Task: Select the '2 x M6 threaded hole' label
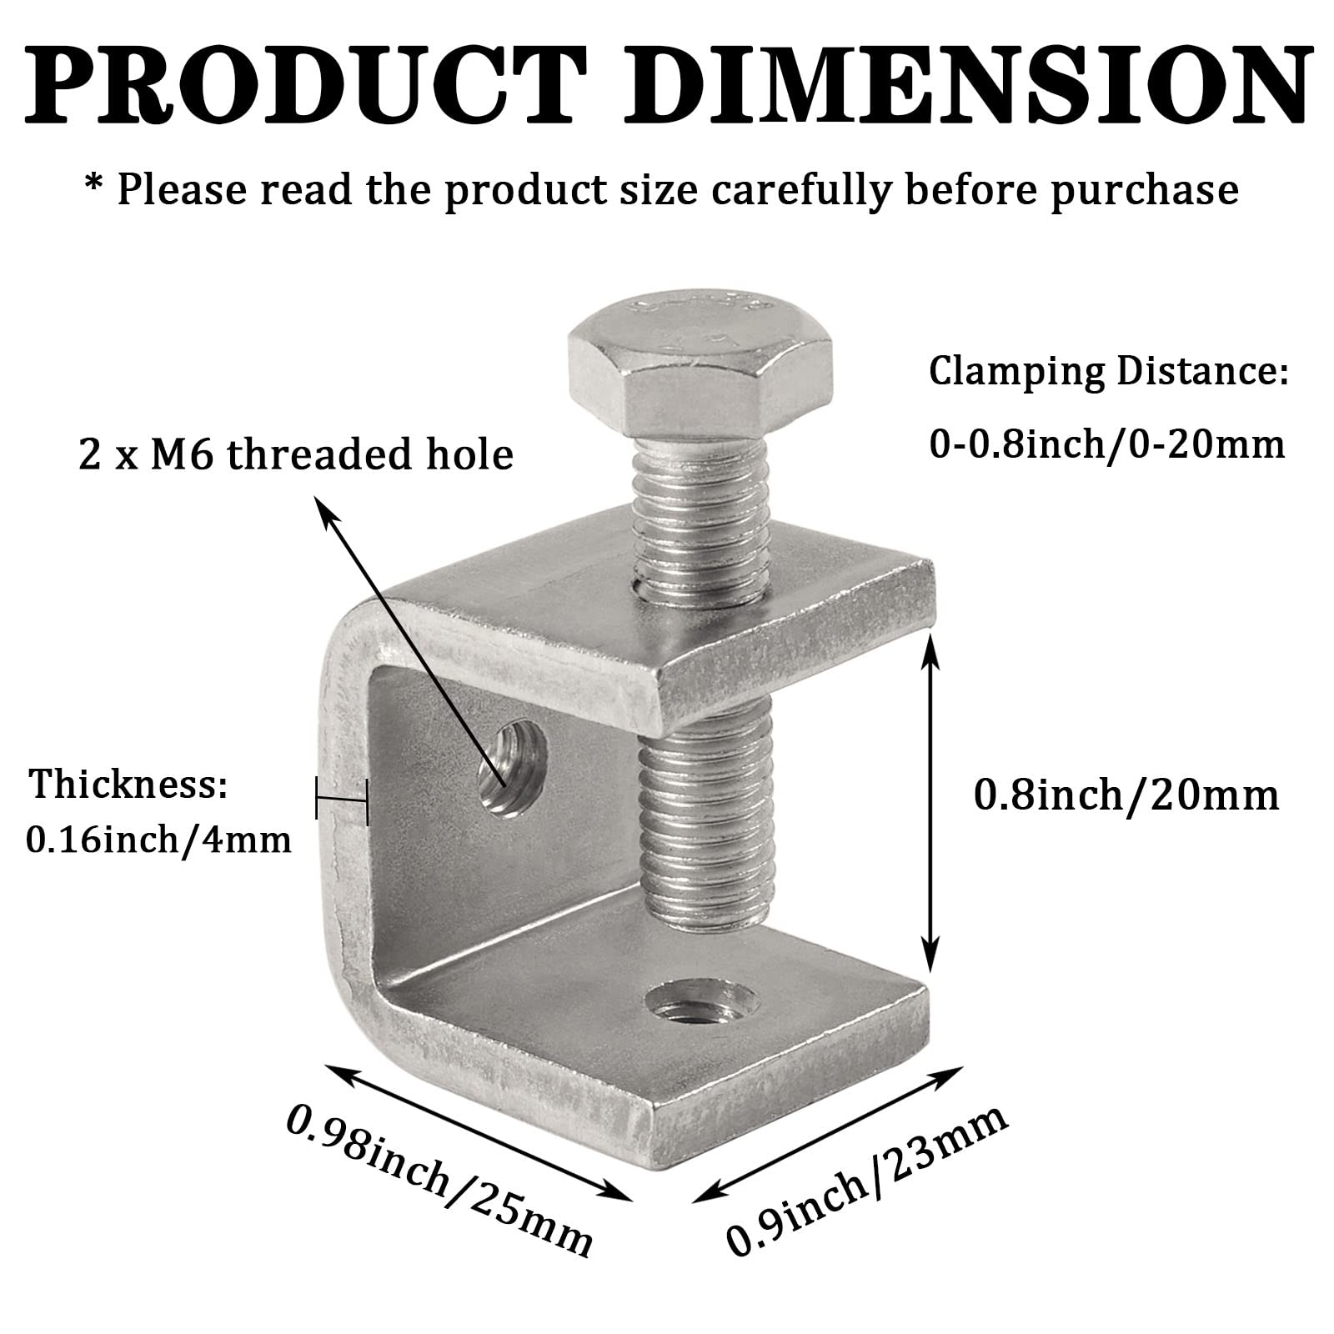pyautogui.click(x=296, y=455)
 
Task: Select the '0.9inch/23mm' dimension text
pyautogui.click(x=867, y=1179)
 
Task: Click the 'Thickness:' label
pyautogui.click(x=129, y=785)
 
